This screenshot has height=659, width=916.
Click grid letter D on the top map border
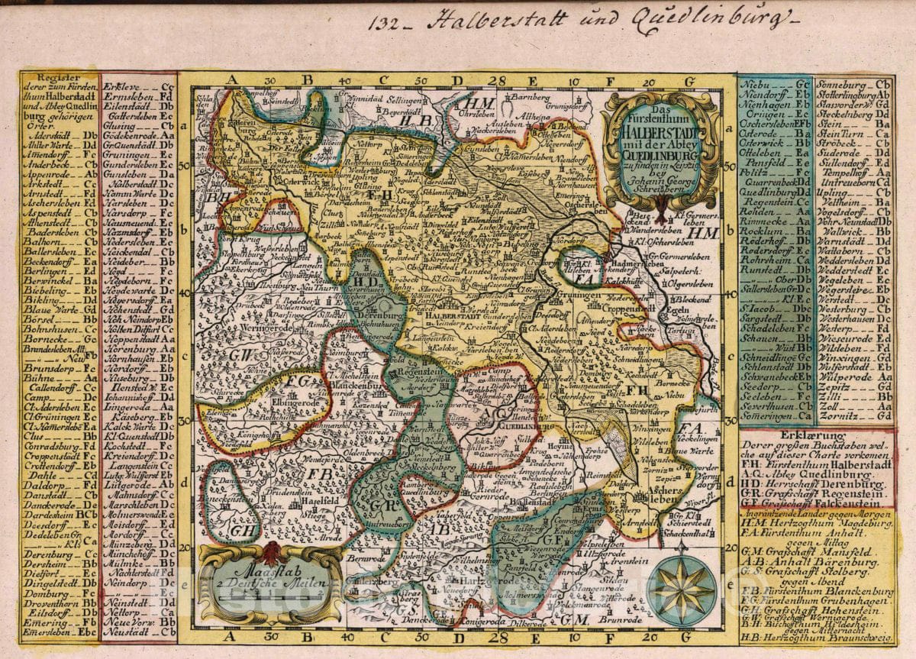pos(456,79)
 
